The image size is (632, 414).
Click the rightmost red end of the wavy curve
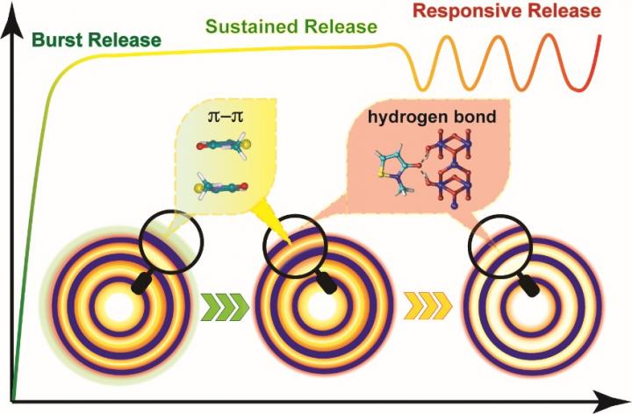click(601, 39)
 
